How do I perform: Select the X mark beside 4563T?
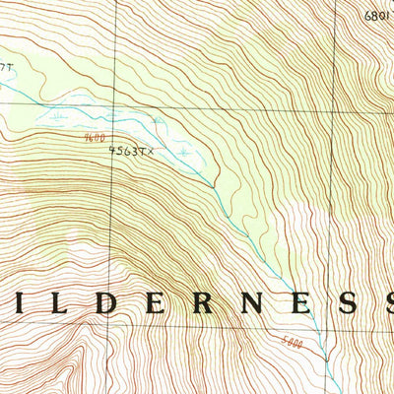pyautogui.click(x=153, y=152)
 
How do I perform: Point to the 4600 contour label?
pyautogui.click(x=95, y=140)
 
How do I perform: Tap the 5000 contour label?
pyautogui.click(x=293, y=342)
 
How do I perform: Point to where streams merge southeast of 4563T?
pyautogui.click(x=212, y=185)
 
